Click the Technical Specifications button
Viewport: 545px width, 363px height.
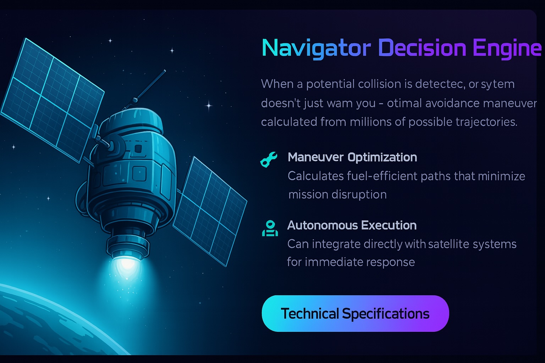pos(355,314)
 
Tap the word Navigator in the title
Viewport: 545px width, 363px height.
pos(312,48)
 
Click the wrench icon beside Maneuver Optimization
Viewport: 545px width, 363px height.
pos(269,159)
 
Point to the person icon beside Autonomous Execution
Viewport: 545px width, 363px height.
pos(270,228)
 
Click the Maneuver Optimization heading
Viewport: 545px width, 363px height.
pos(352,157)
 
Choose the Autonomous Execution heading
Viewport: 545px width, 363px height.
pos(352,225)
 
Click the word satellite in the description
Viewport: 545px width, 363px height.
pos(448,244)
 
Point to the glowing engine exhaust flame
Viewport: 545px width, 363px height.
pos(125,269)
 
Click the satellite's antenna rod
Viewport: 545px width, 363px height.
pos(151,87)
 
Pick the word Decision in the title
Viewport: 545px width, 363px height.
pos(417,48)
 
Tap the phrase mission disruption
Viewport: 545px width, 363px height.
pos(337,195)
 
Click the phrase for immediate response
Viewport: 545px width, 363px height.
pos(351,262)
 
